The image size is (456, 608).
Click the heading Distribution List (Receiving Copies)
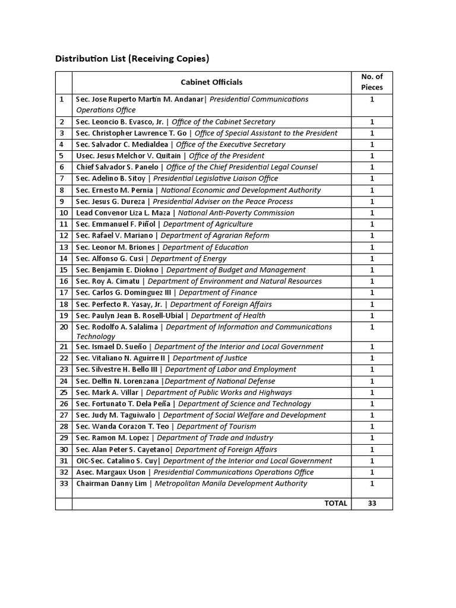(x=132, y=59)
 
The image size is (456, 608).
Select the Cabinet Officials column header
(x=211, y=83)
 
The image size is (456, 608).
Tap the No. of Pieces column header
(x=372, y=82)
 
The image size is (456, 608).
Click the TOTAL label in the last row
(x=335, y=503)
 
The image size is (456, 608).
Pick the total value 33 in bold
(x=372, y=503)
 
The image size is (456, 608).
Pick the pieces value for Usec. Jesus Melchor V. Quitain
(x=372, y=156)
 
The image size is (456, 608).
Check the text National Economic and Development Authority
(x=240, y=191)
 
